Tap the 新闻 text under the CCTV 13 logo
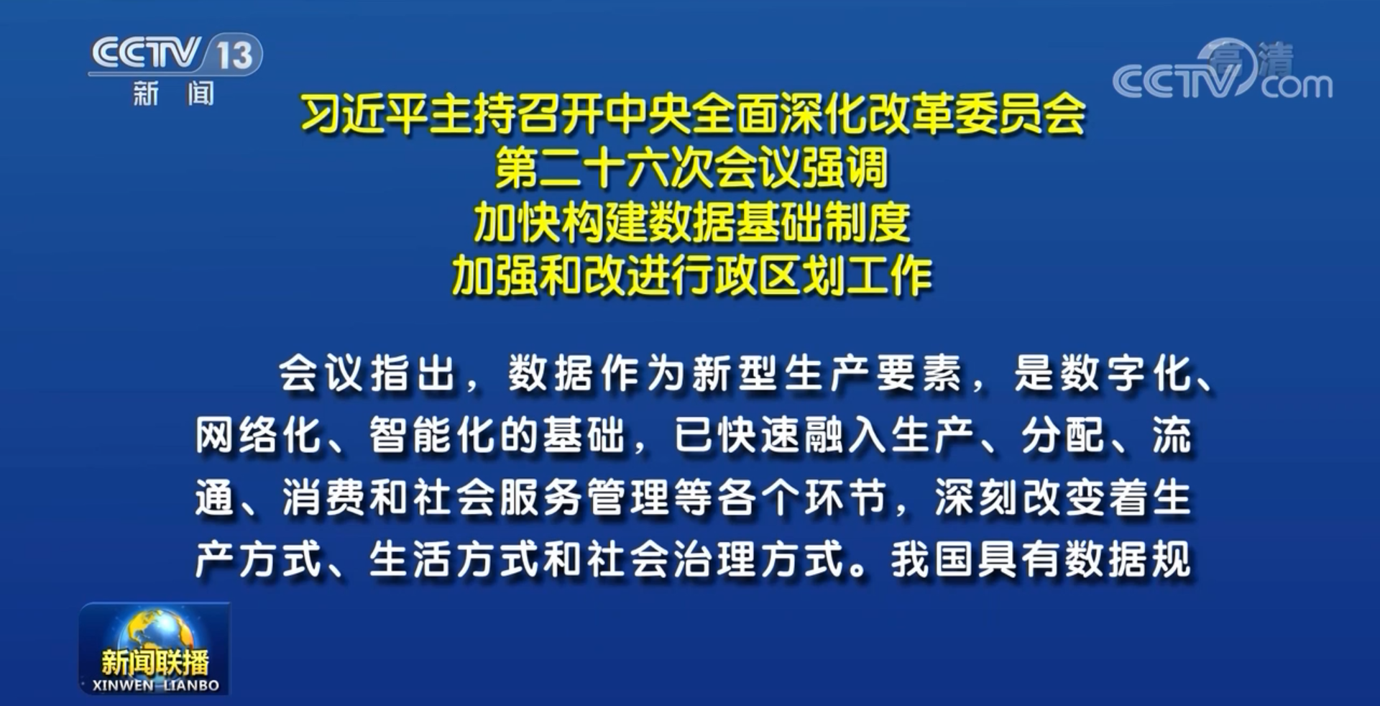coord(173,93)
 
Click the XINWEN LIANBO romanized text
coord(156,685)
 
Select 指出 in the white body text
coord(413,374)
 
